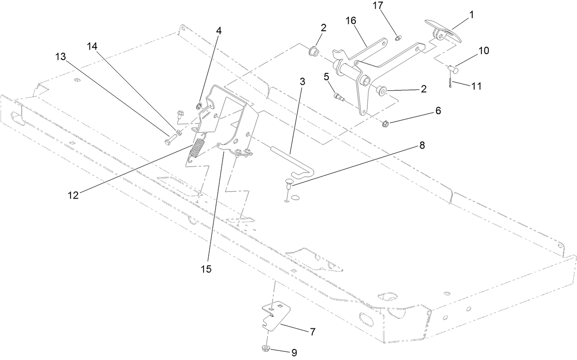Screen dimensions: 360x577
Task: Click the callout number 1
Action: point(471,15)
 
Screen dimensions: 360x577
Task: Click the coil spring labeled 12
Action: point(197,150)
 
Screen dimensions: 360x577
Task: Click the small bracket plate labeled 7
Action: point(276,318)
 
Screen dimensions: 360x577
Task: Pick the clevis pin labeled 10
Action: point(453,69)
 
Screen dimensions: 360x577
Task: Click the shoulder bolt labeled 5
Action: point(339,96)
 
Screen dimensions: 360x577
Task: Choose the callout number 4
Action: point(219,31)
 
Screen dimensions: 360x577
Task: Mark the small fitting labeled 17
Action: point(398,38)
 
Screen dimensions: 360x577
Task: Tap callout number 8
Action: point(422,145)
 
